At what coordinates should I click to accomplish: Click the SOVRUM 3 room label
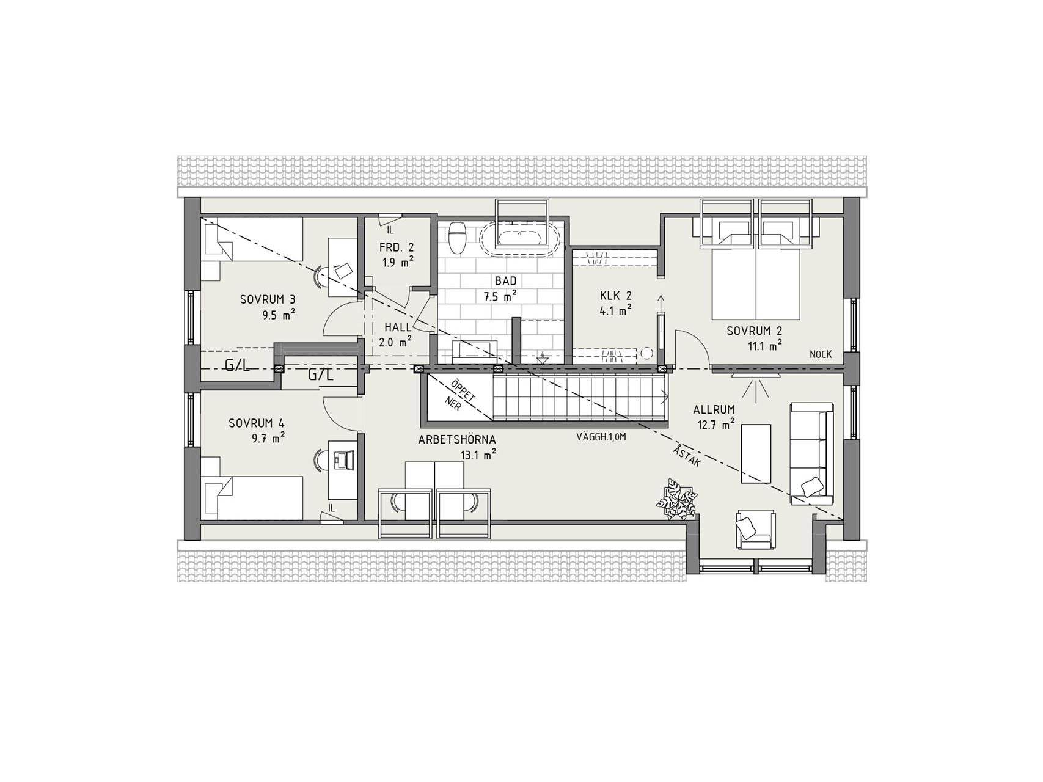pyautogui.click(x=268, y=299)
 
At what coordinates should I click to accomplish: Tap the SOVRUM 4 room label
pyautogui.click(x=257, y=423)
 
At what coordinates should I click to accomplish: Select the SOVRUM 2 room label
pyautogui.click(x=755, y=331)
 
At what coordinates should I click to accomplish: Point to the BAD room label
pyautogui.click(x=506, y=281)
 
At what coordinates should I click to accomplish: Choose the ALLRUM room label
pyautogui.click(x=714, y=409)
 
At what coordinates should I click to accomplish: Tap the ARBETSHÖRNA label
pyautogui.click(x=457, y=440)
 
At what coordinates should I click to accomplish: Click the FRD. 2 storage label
pyautogui.click(x=397, y=247)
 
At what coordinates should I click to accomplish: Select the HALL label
pyautogui.click(x=398, y=327)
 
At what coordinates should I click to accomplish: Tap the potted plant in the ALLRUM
pyautogui.click(x=676, y=500)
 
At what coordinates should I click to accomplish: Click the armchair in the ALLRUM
pyautogui.click(x=755, y=528)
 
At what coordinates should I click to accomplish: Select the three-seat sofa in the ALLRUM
pyautogui.click(x=811, y=453)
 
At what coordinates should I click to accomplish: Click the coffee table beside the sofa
pyautogui.click(x=756, y=454)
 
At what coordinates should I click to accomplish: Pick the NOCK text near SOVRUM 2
pyautogui.click(x=821, y=354)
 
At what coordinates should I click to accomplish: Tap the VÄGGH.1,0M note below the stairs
pyautogui.click(x=601, y=437)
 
